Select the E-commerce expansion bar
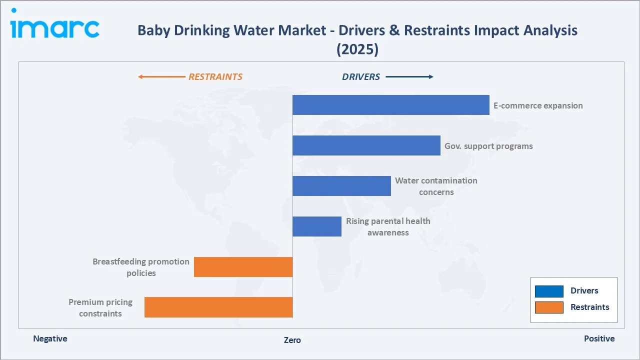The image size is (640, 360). tap(390, 105)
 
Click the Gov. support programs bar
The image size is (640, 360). tap(366, 145)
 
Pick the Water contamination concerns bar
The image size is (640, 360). tap(341, 186)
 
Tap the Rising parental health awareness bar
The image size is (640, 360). tap(317, 226)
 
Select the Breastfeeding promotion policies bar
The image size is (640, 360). tap(243, 267)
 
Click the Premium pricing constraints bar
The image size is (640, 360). tap(218, 307)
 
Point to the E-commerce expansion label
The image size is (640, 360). tap(538, 105)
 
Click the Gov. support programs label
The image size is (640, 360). tap(488, 146)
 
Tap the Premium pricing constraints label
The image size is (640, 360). tap(100, 307)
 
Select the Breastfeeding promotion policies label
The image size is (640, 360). tap(141, 267)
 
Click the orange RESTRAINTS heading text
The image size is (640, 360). tap(215, 77)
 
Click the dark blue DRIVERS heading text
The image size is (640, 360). tap(361, 77)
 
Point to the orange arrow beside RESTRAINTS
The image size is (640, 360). tap(161, 77)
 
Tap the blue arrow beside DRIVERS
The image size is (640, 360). tap(409, 77)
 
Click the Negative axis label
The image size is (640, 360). tap(50, 338)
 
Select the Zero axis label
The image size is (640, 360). tap(292, 340)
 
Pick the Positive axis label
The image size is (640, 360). tap(599, 338)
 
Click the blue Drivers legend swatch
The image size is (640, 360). tap(549, 291)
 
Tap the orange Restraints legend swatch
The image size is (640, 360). tap(549, 307)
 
